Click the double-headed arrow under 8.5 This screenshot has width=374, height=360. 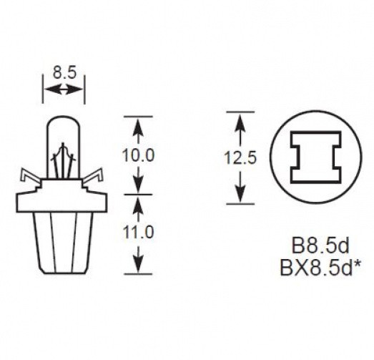(64, 89)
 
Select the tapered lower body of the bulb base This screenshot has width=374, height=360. (64, 243)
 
